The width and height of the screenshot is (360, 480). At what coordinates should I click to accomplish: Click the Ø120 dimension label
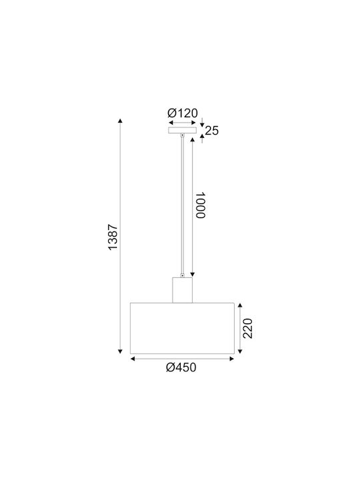tap(183, 113)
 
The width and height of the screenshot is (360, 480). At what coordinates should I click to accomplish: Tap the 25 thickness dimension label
tap(212, 131)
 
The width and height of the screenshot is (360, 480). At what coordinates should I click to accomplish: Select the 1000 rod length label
tap(200, 205)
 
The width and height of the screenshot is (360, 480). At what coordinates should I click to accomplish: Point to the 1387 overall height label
tap(113, 237)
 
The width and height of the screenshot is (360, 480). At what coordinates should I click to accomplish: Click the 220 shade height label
tap(247, 329)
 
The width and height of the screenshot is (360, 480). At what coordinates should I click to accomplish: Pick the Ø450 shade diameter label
tap(181, 367)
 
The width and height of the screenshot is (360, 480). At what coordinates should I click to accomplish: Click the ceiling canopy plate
tap(182, 131)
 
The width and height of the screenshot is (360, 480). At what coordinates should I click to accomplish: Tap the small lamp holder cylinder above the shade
tap(182, 290)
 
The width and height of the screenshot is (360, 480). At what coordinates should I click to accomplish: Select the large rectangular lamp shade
tap(182, 328)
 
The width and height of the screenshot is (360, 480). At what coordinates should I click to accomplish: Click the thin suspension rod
tap(183, 205)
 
